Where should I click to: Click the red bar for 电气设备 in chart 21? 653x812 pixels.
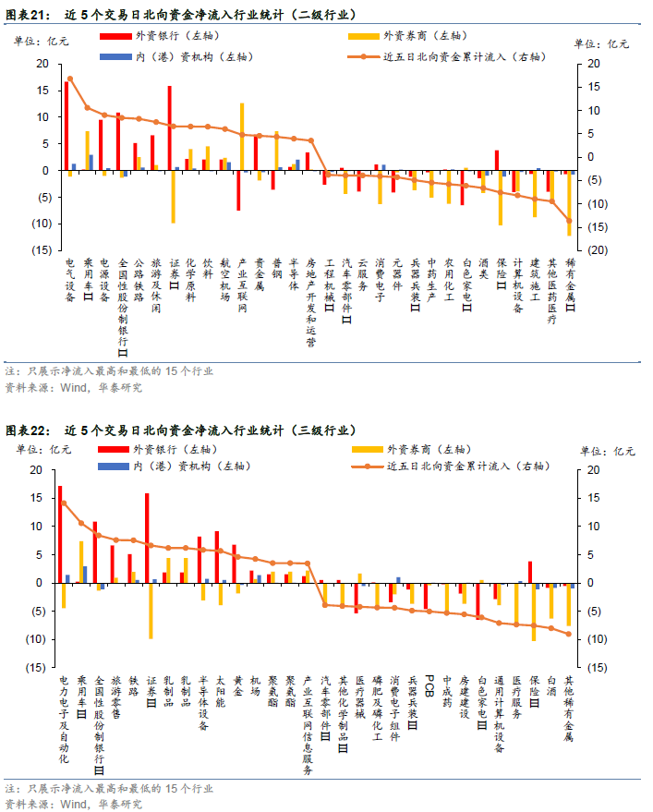[x=67, y=126]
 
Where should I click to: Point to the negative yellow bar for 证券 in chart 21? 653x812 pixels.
[x=173, y=196]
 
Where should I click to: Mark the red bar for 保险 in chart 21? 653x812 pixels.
[x=497, y=160]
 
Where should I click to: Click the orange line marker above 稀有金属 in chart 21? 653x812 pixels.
[x=569, y=221]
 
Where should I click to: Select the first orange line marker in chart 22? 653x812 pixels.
[x=63, y=503]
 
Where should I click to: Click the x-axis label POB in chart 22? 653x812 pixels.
[x=429, y=685]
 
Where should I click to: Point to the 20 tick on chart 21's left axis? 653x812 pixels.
[x=42, y=64]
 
